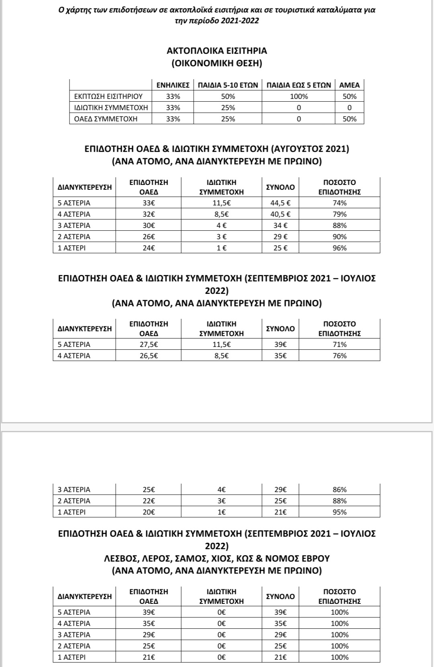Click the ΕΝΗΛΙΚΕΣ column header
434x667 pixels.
(173, 85)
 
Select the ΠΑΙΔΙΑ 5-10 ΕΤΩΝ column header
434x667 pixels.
(228, 85)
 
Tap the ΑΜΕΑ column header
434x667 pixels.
(349, 85)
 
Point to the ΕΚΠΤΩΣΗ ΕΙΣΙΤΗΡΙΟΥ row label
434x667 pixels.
(108, 96)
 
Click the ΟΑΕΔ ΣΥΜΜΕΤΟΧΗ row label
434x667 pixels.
(106, 119)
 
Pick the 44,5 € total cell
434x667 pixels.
(280, 203)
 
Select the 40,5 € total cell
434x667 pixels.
(280, 214)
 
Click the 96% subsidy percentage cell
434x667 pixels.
(340, 248)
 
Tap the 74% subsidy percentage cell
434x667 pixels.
(340, 203)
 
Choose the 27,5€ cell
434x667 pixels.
(149, 345)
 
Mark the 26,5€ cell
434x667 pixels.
(149, 356)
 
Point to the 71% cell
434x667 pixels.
(340, 345)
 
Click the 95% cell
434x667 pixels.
(340, 512)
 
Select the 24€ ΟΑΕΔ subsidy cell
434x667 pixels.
(149, 248)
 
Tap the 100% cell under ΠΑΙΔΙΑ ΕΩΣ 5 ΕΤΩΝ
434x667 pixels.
(299, 96)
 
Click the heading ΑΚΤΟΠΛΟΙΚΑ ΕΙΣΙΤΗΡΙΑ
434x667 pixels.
(217, 51)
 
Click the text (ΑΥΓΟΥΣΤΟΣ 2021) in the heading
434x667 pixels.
(310, 149)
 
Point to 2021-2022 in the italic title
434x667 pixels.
(240, 21)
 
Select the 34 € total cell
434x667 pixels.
(280, 226)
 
